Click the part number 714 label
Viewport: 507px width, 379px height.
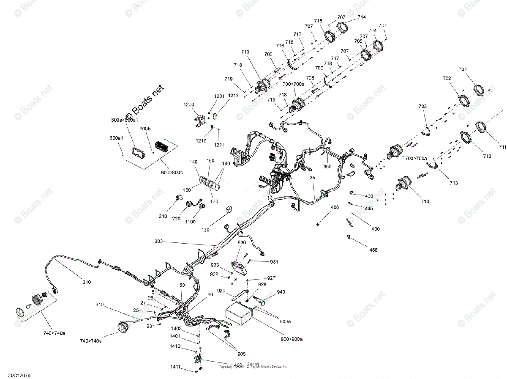point(362,17)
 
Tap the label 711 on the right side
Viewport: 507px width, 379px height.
point(502,147)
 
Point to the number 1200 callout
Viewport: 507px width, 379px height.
point(189,104)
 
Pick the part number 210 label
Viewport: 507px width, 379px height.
point(163,217)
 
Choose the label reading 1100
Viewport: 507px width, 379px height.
point(191,221)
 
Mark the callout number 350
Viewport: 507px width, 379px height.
point(327,167)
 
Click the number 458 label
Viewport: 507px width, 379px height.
point(373,250)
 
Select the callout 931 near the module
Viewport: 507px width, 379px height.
point(274,262)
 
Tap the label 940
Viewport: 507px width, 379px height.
point(281,292)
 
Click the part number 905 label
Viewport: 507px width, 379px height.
point(241,354)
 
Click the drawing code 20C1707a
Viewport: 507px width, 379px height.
point(16,375)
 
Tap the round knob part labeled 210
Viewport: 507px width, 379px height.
point(178,198)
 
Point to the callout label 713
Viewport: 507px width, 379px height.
point(454,183)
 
